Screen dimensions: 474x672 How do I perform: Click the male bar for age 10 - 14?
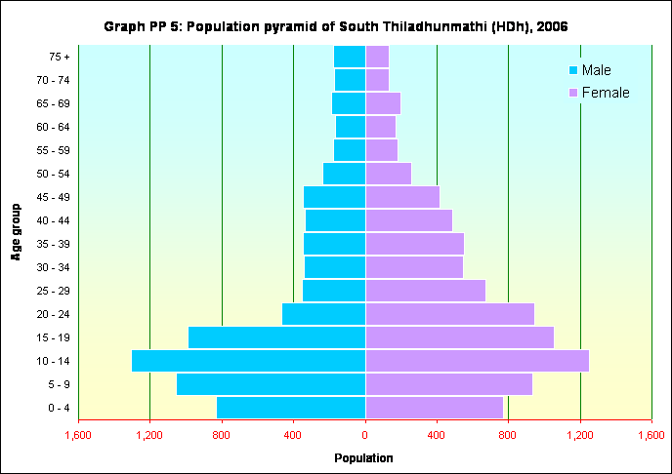click(x=248, y=361)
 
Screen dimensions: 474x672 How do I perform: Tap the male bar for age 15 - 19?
click(x=276, y=337)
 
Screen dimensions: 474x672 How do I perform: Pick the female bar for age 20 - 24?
click(x=449, y=314)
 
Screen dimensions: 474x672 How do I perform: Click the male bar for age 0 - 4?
click(x=291, y=408)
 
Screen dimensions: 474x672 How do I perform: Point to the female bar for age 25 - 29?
click(x=425, y=291)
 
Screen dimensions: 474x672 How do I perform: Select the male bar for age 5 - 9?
click(x=271, y=384)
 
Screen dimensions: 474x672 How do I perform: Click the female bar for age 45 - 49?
click(x=402, y=197)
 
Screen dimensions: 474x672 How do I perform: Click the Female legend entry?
click(x=598, y=93)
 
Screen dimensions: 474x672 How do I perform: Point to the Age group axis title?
click(x=17, y=232)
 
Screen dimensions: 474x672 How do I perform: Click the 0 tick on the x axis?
click(x=365, y=435)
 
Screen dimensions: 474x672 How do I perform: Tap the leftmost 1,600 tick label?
click(x=78, y=435)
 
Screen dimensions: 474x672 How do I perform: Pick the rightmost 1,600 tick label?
click(x=651, y=435)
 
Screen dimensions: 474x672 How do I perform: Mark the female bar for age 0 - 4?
click(x=434, y=408)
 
